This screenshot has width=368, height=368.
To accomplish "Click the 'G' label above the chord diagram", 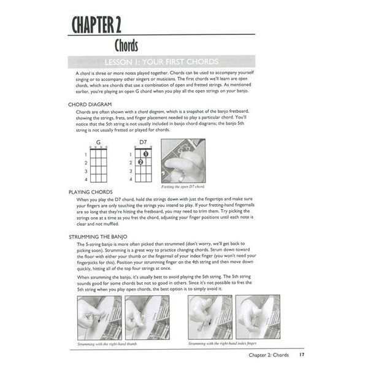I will pyautogui.click(x=98, y=142).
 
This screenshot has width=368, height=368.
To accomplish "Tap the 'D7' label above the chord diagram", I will pyautogui.click(x=143, y=142).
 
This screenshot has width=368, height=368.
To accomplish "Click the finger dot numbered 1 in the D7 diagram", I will pyautogui.click(x=145, y=154).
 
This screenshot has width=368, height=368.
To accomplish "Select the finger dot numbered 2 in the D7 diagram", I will pyautogui.click(x=140, y=163).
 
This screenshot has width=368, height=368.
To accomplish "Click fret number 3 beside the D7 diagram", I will pyautogui.click(x=130, y=171).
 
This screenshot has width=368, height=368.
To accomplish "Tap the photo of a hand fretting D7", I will pyautogui.click(x=183, y=161).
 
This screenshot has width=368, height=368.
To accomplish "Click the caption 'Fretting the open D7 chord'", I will pyautogui.click(x=183, y=186).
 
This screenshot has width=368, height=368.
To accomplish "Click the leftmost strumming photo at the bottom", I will pyautogui.click(x=99, y=318).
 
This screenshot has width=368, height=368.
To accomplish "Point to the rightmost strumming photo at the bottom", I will pyautogui.click(x=258, y=318).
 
